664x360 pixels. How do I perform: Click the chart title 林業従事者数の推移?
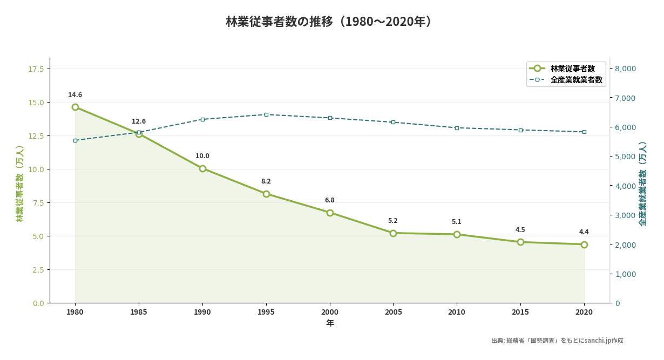tap(330, 22)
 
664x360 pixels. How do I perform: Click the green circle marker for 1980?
tap(75, 107)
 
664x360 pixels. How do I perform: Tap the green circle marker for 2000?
tap(330, 213)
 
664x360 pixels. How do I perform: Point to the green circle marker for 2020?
tap(584, 244)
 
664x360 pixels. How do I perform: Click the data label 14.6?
tap(75, 95)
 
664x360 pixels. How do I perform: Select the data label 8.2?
tap(266, 181)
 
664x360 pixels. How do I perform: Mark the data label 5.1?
tap(457, 222)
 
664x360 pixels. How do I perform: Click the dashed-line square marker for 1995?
tap(266, 114)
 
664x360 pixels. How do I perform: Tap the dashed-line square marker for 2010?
tap(457, 128)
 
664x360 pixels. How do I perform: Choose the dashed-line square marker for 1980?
tap(75, 140)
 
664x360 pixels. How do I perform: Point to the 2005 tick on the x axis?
tap(393, 312)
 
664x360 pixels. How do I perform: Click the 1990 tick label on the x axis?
tap(202, 312)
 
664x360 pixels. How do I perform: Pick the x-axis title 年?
tap(330, 323)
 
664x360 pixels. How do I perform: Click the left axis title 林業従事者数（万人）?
tap(20, 184)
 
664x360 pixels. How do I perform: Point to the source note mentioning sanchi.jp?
tap(557, 341)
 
